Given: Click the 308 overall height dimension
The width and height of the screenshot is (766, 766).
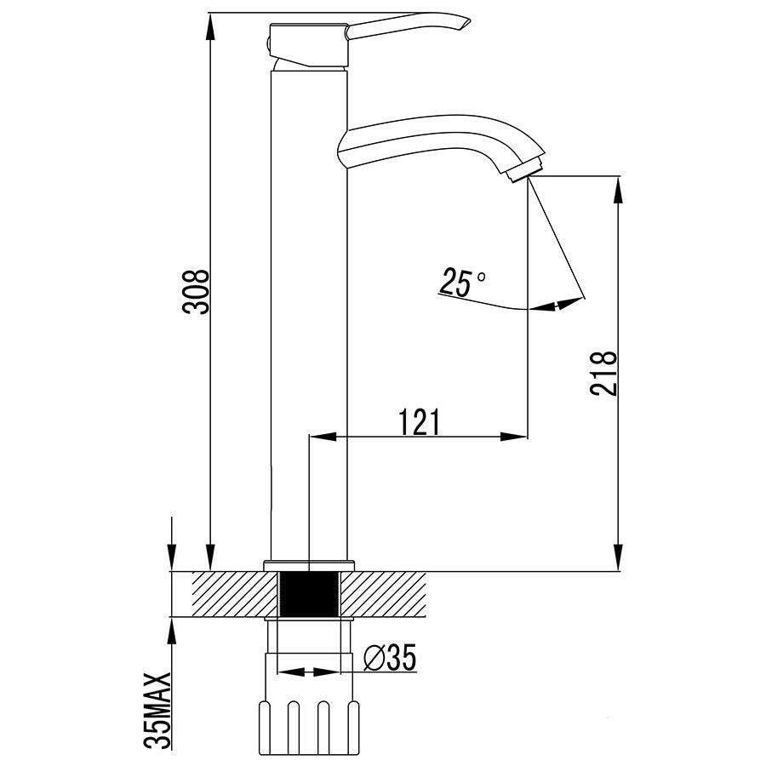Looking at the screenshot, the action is (196, 291).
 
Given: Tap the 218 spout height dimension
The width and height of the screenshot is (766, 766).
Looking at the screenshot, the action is (603, 373).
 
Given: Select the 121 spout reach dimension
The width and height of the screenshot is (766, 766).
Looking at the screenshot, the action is (420, 421).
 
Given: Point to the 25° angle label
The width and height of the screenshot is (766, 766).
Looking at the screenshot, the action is (462, 282).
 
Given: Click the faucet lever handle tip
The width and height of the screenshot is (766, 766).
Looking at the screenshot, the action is (467, 22).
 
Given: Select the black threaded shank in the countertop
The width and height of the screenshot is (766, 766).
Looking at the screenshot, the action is (309, 594).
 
